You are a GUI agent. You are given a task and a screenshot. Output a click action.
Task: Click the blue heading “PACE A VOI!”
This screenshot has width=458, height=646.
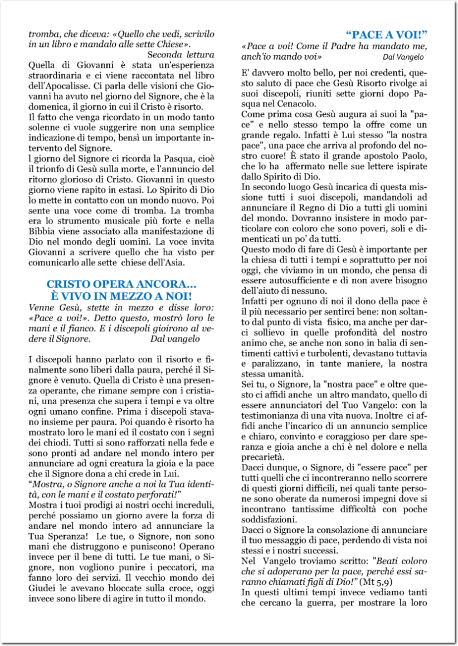click(386, 34)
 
